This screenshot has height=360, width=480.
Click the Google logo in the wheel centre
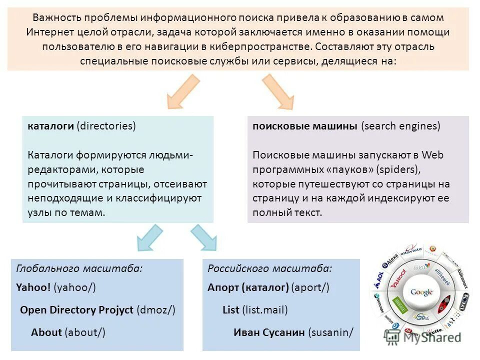[421, 292]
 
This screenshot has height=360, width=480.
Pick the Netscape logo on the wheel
[378, 305]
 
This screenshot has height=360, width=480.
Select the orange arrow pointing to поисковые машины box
[278, 91]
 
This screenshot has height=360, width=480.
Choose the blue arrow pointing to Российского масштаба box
[202, 237]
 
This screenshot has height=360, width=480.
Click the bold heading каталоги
[50, 126]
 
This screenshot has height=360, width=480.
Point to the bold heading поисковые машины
[305, 126]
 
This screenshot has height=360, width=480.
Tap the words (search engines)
[401, 126]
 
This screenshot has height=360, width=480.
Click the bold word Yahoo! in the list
[33, 287]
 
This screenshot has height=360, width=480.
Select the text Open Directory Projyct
[77, 310]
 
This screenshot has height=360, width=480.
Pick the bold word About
[46, 332]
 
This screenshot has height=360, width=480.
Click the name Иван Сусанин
[269, 332]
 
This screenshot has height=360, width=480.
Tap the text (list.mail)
[265, 310]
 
